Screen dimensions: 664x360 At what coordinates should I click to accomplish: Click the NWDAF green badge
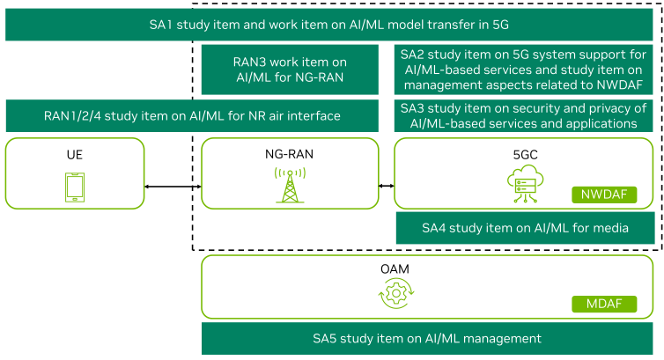(x=604, y=195)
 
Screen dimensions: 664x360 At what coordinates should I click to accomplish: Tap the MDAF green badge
(x=604, y=304)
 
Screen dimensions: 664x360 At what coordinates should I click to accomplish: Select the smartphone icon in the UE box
(x=75, y=187)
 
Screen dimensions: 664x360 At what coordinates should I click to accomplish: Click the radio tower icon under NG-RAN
(x=290, y=186)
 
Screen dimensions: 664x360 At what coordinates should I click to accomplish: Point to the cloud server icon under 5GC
(x=525, y=184)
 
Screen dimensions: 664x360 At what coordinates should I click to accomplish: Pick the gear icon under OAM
(x=396, y=293)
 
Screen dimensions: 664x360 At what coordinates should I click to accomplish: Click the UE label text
(x=75, y=154)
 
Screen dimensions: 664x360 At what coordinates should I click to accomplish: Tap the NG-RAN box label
(x=289, y=154)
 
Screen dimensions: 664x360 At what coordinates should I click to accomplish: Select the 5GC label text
(x=525, y=154)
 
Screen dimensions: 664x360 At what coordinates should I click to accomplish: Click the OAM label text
(x=395, y=269)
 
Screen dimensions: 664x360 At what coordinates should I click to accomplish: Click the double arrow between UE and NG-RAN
(x=173, y=187)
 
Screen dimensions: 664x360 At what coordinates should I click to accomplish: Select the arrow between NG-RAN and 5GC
(x=387, y=186)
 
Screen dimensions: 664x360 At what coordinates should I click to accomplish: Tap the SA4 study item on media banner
(x=525, y=228)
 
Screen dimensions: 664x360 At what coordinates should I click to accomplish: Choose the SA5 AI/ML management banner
(x=427, y=338)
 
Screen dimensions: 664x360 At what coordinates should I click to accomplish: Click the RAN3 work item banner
(x=290, y=70)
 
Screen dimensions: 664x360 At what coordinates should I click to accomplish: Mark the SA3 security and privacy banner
(x=523, y=115)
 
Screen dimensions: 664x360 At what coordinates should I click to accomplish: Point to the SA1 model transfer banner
(x=329, y=25)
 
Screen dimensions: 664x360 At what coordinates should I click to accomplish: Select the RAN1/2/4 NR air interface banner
(x=192, y=115)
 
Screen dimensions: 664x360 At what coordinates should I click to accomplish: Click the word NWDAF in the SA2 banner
(x=620, y=85)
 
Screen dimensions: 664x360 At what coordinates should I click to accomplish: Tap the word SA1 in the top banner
(x=161, y=25)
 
